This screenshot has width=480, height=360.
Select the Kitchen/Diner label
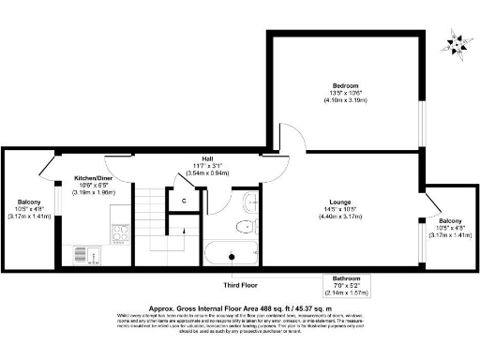coord(94,178)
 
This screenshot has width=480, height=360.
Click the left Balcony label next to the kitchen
coord(27,202)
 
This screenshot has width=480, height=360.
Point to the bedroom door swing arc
coord(291,140)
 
